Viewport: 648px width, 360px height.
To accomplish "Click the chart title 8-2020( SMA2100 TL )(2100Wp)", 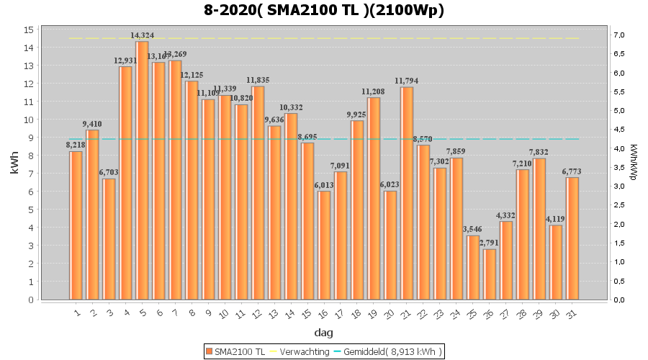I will coord(323,10).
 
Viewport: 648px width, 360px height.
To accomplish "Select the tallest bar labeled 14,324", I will coord(143,170).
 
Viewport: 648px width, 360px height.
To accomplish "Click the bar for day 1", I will coord(76,225).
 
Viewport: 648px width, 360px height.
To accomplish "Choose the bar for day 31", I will coord(572,238).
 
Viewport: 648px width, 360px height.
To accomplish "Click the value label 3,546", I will coord(472,229).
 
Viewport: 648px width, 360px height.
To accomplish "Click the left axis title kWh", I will coord(14,164).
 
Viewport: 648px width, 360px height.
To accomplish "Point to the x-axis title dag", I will coord(323,333).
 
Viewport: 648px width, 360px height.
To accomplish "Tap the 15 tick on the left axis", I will coord(29,30).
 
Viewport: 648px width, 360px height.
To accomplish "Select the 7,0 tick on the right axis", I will coord(619,35).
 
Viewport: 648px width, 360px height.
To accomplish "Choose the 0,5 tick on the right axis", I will coord(619,281).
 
